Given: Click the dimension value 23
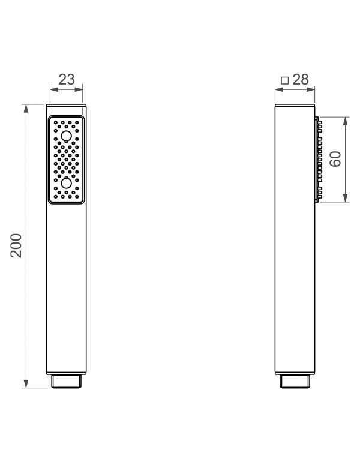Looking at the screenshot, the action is (67, 79).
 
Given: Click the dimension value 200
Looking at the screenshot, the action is (16, 246).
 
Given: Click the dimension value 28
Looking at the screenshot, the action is (301, 79).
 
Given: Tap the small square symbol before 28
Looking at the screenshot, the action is (284, 80).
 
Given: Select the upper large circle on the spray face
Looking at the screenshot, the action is (66, 136).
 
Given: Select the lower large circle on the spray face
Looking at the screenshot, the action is (66, 183).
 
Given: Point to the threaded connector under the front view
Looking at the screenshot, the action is (66, 381).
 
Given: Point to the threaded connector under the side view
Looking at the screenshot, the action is (295, 381).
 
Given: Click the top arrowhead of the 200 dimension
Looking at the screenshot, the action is (26, 109).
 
